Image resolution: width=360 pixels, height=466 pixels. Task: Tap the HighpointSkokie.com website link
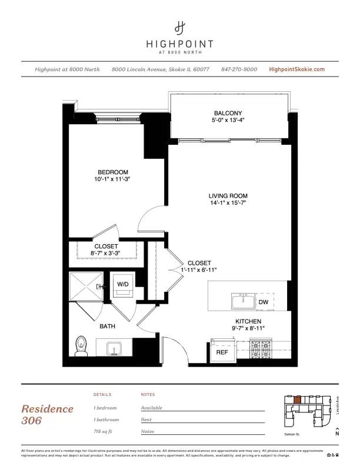tap(296, 69)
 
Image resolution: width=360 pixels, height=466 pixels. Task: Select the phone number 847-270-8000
tap(239, 69)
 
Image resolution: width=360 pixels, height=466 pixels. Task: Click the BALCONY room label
tap(228, 113)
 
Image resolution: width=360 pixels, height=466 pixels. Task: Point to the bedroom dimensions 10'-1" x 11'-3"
tap(113, 179)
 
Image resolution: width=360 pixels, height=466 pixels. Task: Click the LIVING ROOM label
tap(228, 196)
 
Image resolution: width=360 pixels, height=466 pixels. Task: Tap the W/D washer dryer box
tap(123, 284)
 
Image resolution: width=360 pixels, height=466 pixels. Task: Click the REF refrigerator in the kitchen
tap(222, 352)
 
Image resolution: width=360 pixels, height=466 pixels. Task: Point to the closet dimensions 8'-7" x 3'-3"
tap(106, 254)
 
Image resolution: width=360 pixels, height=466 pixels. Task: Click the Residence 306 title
tap(47, 414)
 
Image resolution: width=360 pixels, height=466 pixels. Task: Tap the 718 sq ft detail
tap(106, 432)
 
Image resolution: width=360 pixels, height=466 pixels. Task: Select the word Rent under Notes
tap(146, 420)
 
